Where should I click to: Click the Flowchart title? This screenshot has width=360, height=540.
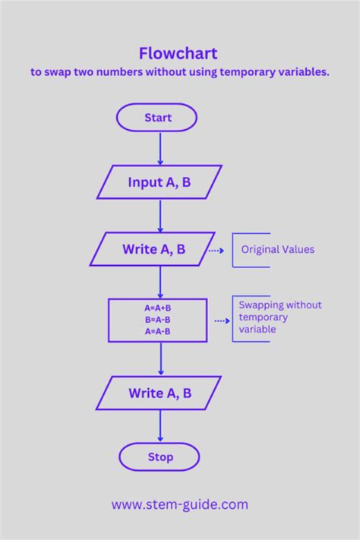pos(178,53)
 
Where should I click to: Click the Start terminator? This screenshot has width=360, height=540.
pos(157,118)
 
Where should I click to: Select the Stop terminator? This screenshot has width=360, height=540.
pos(159,457)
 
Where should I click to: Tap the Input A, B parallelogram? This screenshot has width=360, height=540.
pos(159,182)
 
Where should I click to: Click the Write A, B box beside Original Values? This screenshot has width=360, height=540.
pos(153,249)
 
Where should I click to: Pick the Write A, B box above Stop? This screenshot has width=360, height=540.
pos(159,393)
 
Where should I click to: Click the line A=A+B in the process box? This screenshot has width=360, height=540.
pos(157,308)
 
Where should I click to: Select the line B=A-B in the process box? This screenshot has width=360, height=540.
pos(157,320)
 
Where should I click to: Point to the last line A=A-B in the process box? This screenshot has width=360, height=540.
pos(157,331)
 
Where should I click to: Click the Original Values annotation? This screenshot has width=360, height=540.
pos(277,250)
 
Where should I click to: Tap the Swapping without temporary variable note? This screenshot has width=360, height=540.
pos(279,317)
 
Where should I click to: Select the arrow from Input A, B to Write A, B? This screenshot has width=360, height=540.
pos(160,216)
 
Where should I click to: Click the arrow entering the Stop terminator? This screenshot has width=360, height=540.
pos(160,427)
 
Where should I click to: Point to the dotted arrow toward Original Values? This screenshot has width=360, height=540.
pos(216,250)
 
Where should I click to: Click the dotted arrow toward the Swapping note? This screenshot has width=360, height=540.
pos(221,321)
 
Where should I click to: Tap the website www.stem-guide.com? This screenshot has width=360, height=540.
pos(180,504)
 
